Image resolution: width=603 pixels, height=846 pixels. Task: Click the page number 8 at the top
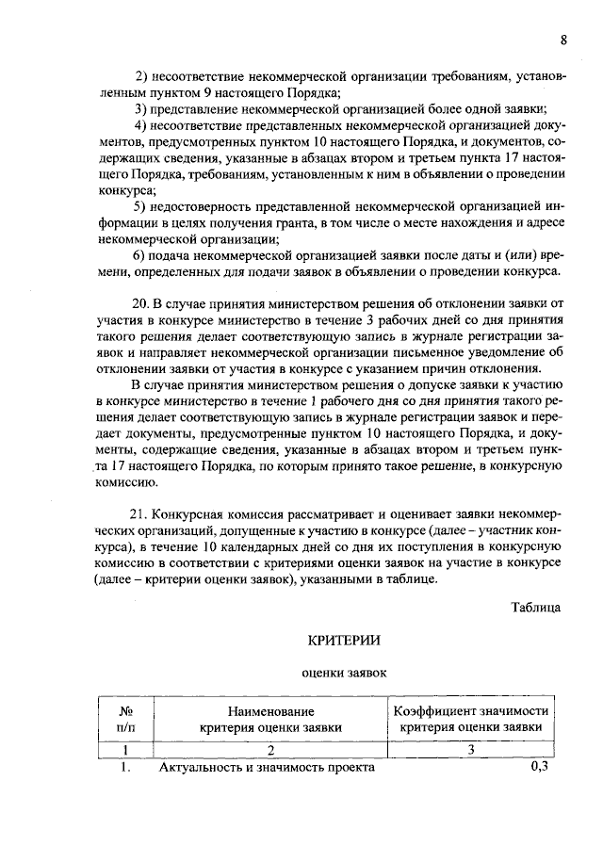(562, 40)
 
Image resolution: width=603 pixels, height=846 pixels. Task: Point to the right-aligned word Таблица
(536, 607)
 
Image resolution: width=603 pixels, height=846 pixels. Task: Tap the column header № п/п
(125, 719)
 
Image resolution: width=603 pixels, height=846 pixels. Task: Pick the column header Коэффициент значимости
(471, 710)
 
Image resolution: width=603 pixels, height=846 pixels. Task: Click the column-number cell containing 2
(270, 750)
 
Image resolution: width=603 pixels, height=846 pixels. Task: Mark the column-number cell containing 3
(471, 750)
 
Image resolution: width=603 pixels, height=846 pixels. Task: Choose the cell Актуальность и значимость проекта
(267, 768)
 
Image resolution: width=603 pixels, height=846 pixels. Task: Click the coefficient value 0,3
(540, 768)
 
